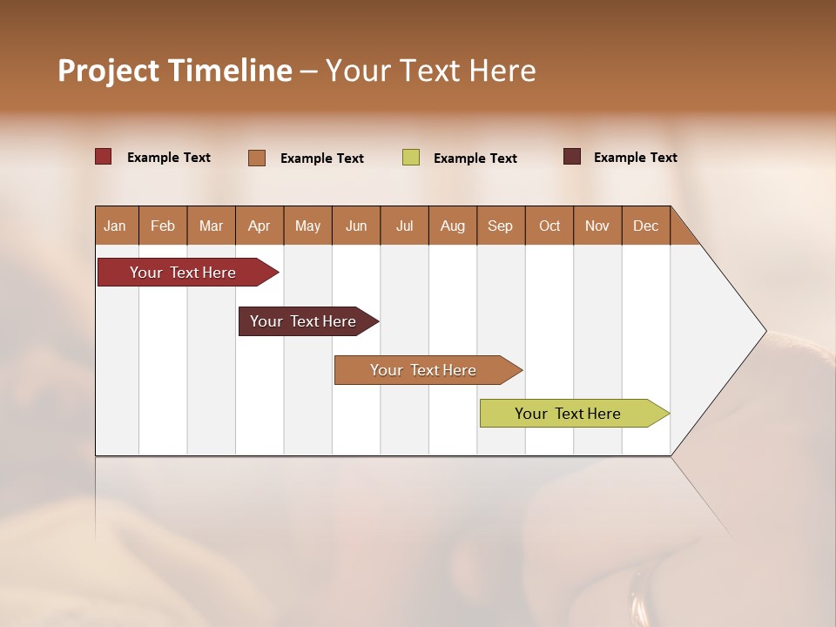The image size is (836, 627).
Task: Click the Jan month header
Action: [116, 226]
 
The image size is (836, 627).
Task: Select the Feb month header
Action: [163, 226]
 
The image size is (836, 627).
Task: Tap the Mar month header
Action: [211, 226]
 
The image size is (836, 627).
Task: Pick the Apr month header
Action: [260, 226]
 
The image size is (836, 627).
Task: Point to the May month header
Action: [307, 226]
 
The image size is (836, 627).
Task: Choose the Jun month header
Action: [356, 226]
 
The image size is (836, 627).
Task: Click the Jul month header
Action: [404, 226]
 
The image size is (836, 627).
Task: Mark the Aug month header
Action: [453, 226]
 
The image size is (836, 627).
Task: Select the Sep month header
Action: [501, 226]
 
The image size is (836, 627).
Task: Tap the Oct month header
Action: [549, 226]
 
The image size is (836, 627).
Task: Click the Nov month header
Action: [597, 226]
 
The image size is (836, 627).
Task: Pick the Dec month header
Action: [646, 226]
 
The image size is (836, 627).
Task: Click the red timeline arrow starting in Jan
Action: [184, 273]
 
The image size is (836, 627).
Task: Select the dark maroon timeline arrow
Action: [304, 321]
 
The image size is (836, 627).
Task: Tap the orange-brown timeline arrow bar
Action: [424, 370]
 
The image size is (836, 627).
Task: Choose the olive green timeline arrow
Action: [569, 414]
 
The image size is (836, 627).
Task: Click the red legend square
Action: [104, 157]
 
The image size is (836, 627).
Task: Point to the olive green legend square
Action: [411, 158]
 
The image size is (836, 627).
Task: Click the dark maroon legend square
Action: [572, 157]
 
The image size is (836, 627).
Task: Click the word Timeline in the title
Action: [230, 71]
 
